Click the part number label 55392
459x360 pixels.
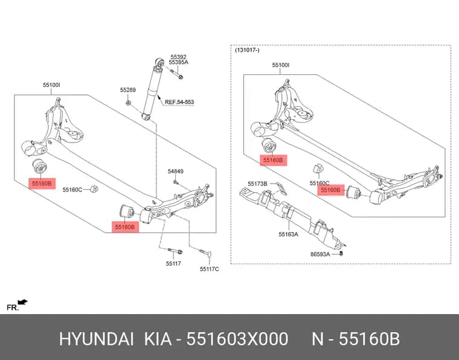coord(179,57)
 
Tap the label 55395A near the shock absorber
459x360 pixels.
coord(179,62)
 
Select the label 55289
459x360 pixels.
coord(128,90)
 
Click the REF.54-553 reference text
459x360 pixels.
coord(179,102)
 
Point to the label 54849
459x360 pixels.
coord(176,171)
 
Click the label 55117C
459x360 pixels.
coord(210,269)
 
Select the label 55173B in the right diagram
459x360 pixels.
coord(257,184)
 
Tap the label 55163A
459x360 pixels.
coord(288,234)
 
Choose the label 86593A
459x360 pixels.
coord(320,254)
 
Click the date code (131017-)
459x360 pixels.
coord(248,50)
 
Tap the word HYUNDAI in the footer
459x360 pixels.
coord(97,339)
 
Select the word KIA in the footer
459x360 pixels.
coord(158,339)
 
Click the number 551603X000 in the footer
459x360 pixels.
coord(237,339)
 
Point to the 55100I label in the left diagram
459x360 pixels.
coord(51,85)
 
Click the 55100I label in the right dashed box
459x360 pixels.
coord(281,65)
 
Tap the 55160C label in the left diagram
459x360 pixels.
coord(72,190)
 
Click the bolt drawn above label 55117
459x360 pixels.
coord(175,251)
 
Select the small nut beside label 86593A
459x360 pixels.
coord(341,252)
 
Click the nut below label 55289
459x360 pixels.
coord(128,103)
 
